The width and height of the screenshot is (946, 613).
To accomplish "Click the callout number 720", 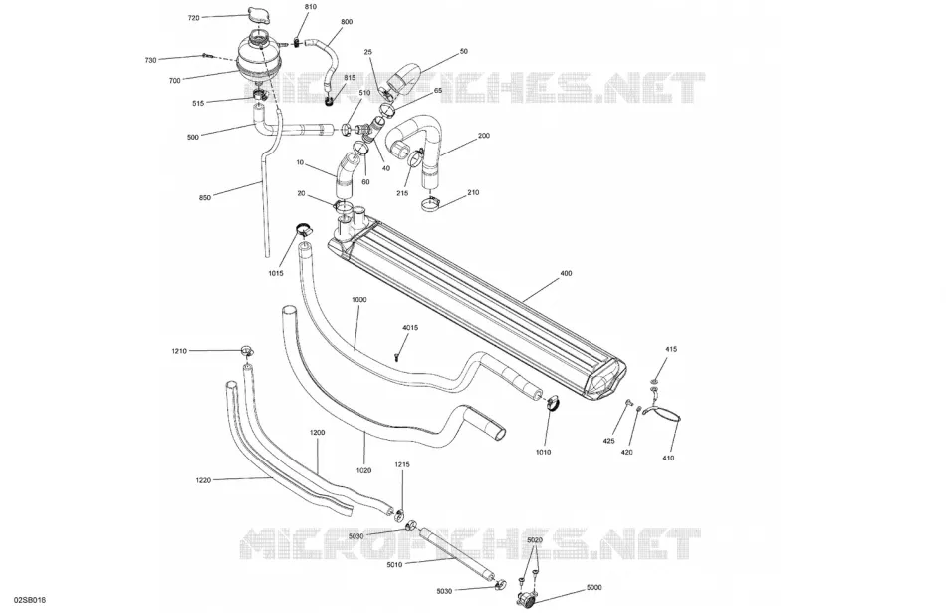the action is click(x=193, y=18).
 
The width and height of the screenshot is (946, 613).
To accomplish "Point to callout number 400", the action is click(x=566, y=273).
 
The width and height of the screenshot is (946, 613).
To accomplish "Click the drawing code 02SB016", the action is click(x=30, y=600).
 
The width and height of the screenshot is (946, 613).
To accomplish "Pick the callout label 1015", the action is click(x=276, y=273).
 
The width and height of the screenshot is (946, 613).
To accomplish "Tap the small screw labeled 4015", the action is click(x=397, y=356).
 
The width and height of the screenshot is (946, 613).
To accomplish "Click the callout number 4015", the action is click(x=410, y=328).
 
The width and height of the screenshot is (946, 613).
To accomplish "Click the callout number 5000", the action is click(x=594, y=588).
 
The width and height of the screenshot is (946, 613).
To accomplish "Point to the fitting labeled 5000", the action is click(x=526, y=598).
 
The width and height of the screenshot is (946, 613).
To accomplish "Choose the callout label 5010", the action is click(x=395, y=565).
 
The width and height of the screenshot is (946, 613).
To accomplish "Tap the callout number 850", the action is click(x=205, y=198).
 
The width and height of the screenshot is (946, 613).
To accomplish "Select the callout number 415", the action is click(x=671, y=349).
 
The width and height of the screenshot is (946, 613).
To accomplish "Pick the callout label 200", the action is click(x=484, y=136).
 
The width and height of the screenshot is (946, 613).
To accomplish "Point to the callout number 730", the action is click(x=150, y=61).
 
